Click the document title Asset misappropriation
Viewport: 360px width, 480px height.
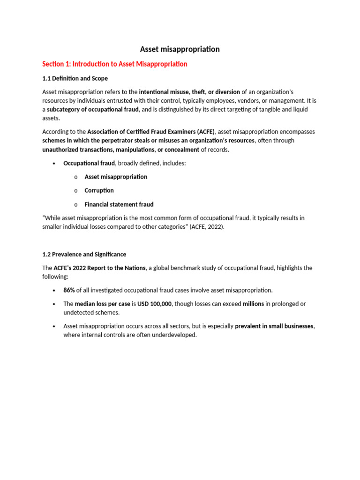[180, 49]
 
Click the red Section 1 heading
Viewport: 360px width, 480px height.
[115, 64]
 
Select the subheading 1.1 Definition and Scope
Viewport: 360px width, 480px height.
[75, 78]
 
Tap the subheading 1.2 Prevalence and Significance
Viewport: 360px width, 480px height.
[84, 254]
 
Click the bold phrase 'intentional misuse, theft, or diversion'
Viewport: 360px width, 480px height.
[189, 92]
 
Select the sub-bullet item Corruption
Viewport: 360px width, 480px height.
[99, 190]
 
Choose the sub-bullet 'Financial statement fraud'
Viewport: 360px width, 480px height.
[119, 204]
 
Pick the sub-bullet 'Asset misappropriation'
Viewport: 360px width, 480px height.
[116, 177]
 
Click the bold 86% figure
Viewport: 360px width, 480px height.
[69, 290]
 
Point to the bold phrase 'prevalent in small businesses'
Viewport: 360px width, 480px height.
[274, 326]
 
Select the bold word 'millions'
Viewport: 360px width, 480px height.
[253, 304]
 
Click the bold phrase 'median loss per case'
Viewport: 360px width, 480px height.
[102, 304]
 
